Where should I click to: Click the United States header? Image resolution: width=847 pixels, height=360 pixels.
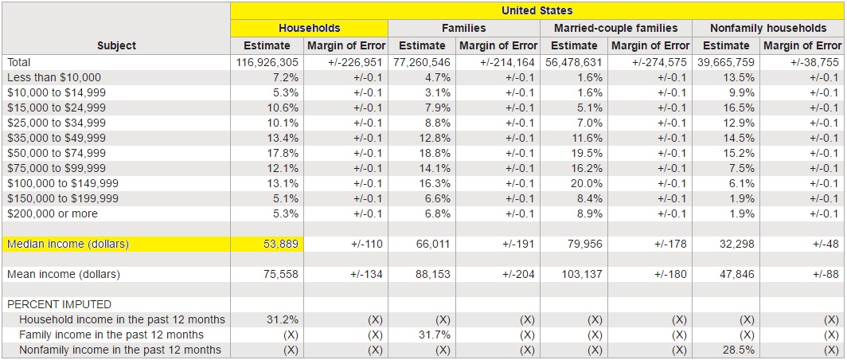pyautogui.click(x=537, y=11)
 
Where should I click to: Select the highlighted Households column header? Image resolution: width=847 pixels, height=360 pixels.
pyautogui.click(x=309, y=28)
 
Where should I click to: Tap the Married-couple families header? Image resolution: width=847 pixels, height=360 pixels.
pyautogui.click(x=615, y=28)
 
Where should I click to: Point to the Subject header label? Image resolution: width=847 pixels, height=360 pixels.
pyautogui.click(x=116, y=45)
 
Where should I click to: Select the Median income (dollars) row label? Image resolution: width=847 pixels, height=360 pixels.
pyautogui.click(x=68, y=244)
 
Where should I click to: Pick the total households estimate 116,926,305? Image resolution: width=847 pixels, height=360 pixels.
pyautogui.click(x=267, y=61)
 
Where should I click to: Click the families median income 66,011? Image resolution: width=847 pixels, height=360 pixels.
pyautogui.click(x=434, y=244)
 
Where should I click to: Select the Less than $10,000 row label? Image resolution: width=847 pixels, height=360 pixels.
pyautogui.click(x=53, y=77)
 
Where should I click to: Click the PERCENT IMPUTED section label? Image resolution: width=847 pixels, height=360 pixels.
pyautogui.click(x=59, y=304)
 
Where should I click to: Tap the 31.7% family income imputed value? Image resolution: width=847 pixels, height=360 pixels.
pyautogui.click(x=435, y=335)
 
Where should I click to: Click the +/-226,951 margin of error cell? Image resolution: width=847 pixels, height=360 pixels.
pyautogui.click(x=355, y=61)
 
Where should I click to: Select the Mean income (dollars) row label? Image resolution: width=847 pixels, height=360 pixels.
pyautogui.click(x=63, y=274)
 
